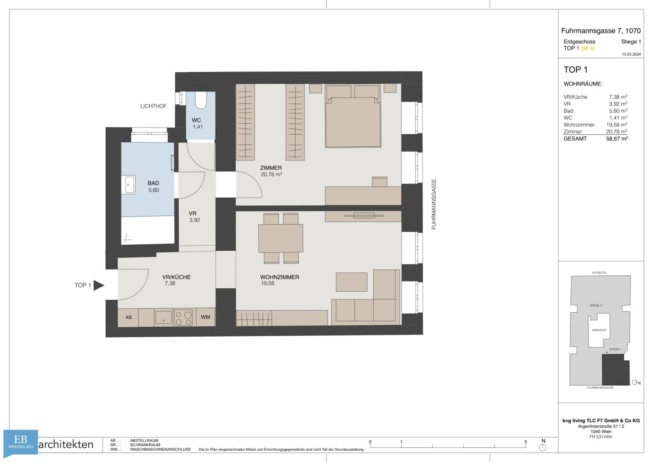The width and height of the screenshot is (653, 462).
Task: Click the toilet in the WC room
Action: pos(201,100)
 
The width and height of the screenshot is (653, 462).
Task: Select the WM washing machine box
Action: pos(206,317)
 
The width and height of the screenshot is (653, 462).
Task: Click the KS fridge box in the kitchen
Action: pos(128,317)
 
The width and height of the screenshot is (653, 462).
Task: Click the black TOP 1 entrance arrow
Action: pos(99,285)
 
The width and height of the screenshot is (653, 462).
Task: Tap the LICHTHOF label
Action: pos(154,106)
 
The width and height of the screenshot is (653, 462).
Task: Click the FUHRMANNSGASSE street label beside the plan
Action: pos(434,204)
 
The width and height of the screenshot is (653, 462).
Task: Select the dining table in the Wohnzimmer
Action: pos(281,238)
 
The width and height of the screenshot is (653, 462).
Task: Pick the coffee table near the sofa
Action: pos(351,282)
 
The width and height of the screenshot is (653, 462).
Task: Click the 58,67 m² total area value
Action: pos(617,139)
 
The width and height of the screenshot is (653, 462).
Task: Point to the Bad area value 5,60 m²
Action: pos(618,111)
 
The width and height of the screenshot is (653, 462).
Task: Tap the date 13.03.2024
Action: pos(631,54)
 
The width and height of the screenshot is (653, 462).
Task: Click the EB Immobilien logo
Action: pos(21,442)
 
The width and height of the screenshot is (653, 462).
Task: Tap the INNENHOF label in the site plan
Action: pos(599,330)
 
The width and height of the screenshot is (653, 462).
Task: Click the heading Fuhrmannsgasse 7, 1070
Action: pos(601,31)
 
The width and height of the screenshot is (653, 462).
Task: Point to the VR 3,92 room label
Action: pos(194,217)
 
